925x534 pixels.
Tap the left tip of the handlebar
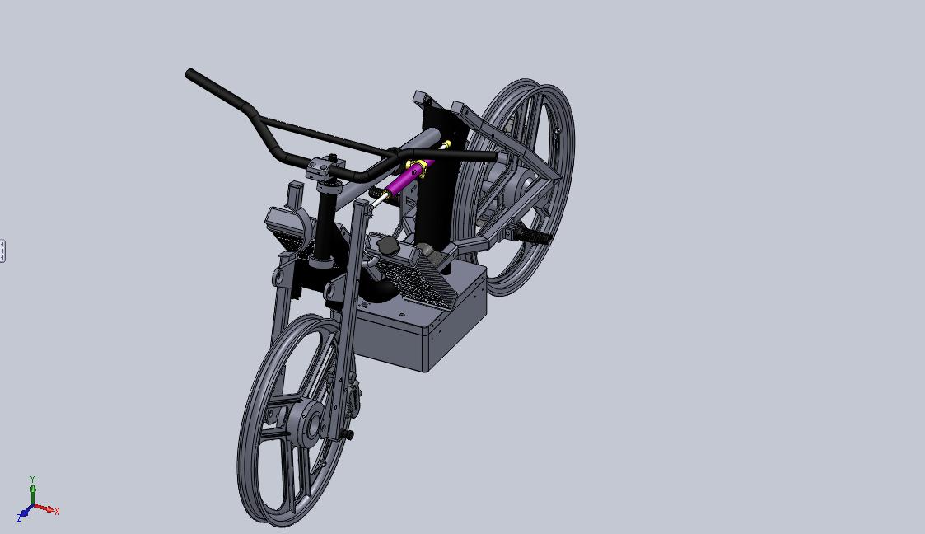(x=190, y=73)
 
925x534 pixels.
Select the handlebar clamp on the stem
(x=324, y=169)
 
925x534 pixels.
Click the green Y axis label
(x=32, y=479)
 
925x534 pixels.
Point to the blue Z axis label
(x=19, y=518)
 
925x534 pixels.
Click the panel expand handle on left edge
(x=2, y=251)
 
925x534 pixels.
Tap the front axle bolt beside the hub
(x=347, y=433)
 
